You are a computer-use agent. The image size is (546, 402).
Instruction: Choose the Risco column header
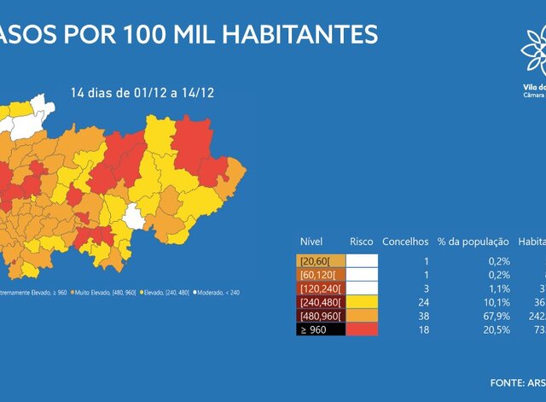pyautogui.click(x=361, y=242)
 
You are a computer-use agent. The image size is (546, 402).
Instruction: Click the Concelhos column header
pyautogui.click(x=405, y=242)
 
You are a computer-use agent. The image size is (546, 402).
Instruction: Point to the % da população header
pyautogui.click(x=473, y=242)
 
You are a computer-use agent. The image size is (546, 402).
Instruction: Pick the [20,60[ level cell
pyautogui.click(x=321, y=261)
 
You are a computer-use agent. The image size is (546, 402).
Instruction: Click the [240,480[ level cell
pyautogui.click(x=321, y=302)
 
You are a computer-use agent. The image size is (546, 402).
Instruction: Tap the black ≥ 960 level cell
pyautogui.click(x=321, y=329)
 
